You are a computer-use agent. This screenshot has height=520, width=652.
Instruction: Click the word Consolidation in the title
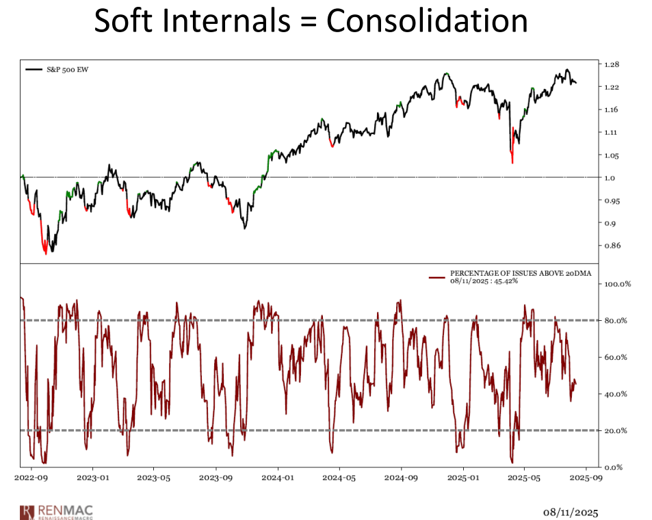click(x=426, y=21)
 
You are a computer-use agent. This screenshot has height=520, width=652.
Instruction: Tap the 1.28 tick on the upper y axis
click(x=612, y=64)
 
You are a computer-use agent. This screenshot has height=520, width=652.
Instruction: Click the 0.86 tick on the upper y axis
click(x=612, y=246)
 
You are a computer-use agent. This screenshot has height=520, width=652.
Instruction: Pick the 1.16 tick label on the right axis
click(x=612, y=109)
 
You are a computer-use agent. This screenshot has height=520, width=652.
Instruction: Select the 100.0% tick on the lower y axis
click(x=616, y=283)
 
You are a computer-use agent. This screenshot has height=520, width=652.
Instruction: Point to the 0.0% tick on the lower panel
click(x=613, y=467)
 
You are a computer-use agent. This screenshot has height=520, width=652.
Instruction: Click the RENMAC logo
click(x=59, y=510)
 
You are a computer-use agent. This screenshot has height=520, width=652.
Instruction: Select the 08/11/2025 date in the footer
click(x=571, y=511)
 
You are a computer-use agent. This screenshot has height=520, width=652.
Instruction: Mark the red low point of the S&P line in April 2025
click(x=512, y=161)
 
